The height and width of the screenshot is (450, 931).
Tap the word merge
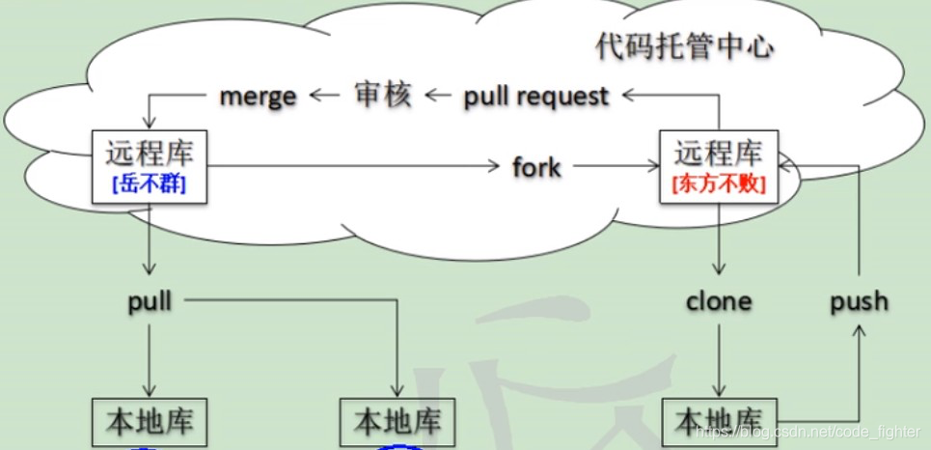coord(258,96)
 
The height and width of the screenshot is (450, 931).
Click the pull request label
coord(535,96)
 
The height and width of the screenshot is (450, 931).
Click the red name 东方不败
coord(718,185)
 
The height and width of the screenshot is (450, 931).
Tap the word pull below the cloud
coord(150,301)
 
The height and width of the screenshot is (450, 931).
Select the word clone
coord(718,301)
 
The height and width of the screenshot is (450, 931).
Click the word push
coord(859,301)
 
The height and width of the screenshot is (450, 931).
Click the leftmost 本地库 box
coord(151,423)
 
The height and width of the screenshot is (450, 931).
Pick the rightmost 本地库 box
coord(719,422)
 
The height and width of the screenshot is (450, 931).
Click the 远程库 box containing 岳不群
coord(149,166)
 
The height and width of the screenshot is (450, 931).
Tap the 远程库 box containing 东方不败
coord(718,166)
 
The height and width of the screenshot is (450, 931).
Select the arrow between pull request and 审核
coord(439,95)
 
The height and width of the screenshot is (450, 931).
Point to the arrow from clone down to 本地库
coord(719,357)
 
